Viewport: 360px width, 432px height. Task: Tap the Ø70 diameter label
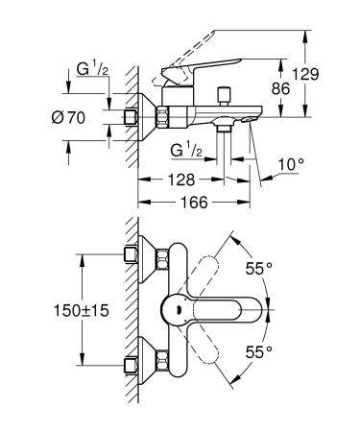click(85, 118)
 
